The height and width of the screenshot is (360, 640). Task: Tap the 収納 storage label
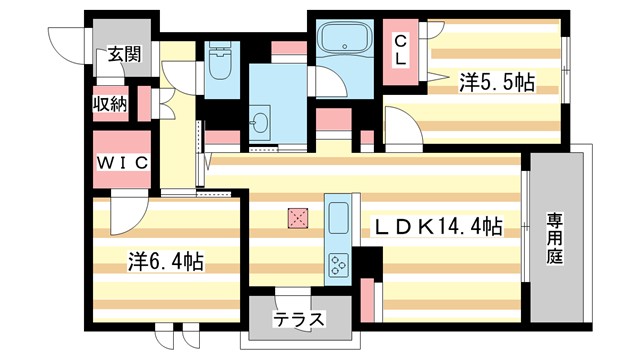(110, 104)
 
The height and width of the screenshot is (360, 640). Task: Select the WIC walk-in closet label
(122, 161)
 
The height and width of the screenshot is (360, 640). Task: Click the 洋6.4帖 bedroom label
(165, 261)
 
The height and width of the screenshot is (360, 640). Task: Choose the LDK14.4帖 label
(438, 228)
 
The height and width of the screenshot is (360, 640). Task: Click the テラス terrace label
(300, 321)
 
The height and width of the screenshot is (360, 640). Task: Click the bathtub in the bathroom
(345, 42)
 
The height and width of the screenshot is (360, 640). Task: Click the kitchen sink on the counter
(336, 217)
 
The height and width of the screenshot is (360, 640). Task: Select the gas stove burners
(336, 263)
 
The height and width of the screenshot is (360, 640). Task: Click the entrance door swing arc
(66, 40)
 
